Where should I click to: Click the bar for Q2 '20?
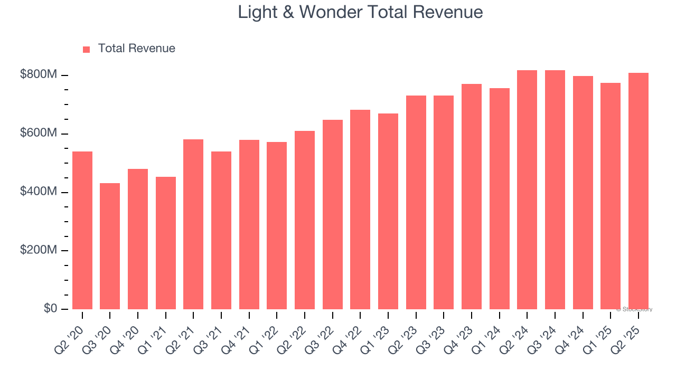click(82, 230)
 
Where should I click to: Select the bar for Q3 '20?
click(110, 246)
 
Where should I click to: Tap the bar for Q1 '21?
click(166, 243)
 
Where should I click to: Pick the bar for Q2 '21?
click(193, 224)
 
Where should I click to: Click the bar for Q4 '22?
click(360, 210)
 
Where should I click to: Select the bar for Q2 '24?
click(527, 189)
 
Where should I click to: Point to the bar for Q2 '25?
click(638, 191)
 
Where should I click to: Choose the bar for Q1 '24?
click(499, 198)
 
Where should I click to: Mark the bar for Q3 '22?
click(333, 214)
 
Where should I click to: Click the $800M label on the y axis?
click(39, 75)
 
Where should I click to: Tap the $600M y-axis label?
click(39, 134)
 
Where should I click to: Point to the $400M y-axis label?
click(39, 192)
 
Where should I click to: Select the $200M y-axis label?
click(39, 251)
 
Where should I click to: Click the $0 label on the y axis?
click(50, 309)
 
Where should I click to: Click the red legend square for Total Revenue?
click(87, 50)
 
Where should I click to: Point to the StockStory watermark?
click(634, 309)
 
